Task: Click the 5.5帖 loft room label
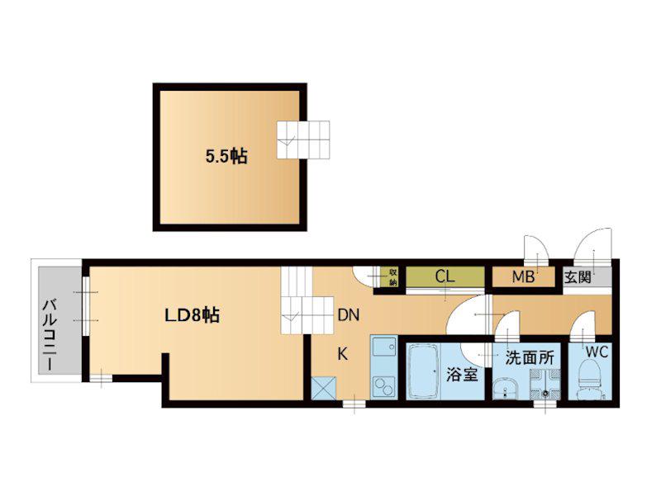226,157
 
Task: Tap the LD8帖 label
192,315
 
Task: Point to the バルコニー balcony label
50,335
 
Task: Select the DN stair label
349,315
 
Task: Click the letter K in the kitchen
343,354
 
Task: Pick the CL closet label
445,276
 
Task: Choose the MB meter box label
523,277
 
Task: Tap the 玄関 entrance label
578,277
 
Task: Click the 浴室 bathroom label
463,375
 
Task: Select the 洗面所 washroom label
530,358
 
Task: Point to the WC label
597,352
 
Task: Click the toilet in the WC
591,380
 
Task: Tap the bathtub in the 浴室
424,371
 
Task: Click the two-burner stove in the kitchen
383,386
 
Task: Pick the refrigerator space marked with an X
323,387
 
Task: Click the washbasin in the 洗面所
505,387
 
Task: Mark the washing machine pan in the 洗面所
545,384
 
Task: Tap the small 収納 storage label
393,276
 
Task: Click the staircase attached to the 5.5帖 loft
303,139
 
